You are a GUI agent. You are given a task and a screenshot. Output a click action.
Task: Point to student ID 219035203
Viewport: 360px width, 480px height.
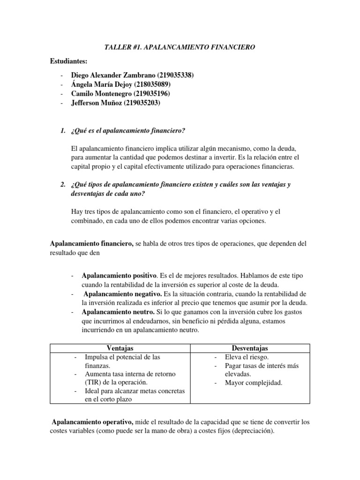[x=142, y=103]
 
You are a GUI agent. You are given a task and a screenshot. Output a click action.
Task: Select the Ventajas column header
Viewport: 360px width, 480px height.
[x=120, y=348]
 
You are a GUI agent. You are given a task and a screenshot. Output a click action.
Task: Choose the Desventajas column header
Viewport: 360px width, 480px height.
[x=250, y=348]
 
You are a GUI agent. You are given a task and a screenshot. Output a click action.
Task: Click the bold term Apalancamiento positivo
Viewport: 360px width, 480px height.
[x=119, y=275]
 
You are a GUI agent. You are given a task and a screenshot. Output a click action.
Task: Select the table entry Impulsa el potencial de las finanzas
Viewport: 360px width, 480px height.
[x=123, y=361]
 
